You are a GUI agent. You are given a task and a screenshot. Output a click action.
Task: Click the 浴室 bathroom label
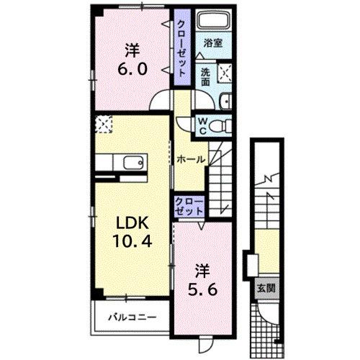(212, 42)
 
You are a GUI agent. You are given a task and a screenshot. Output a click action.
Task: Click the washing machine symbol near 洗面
(225, 73)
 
